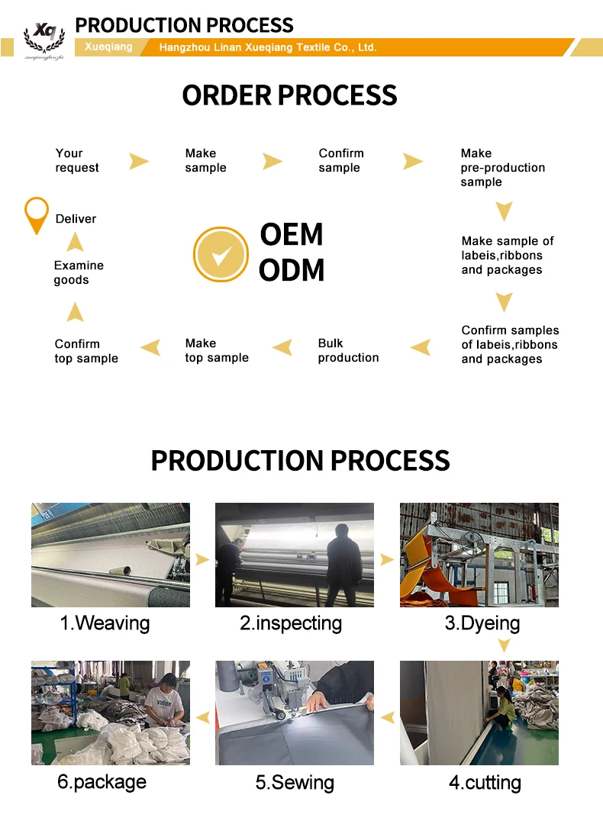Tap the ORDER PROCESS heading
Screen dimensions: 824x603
point(289,95)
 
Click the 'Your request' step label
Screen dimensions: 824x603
point(77,160)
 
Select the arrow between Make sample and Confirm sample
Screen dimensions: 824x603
point(272,161)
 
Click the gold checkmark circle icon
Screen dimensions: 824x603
point(221,254)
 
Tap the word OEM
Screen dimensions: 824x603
point(292,234)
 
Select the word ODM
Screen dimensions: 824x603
point(292,270)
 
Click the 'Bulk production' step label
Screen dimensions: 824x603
point(348,350)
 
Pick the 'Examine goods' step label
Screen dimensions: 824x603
point(79,272)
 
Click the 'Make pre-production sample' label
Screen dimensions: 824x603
point(502,167)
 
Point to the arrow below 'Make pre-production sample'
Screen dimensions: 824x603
point(504,211)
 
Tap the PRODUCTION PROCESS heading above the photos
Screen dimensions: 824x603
point(300,461)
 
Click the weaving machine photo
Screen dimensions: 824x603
point(111,555)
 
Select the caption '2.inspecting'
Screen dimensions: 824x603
point(291,623)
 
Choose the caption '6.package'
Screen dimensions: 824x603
point(102,782)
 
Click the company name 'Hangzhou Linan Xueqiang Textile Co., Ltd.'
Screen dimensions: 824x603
point(267,47)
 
